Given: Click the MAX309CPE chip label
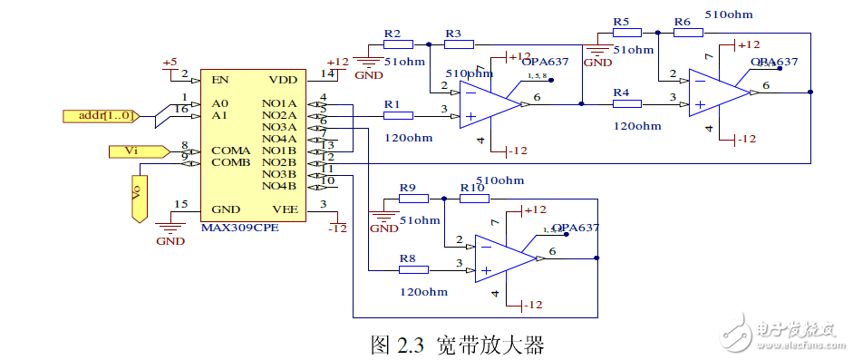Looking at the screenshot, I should click(x=239, y=228).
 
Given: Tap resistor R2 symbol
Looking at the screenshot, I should click(x=398, y=44).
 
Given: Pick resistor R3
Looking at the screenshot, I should click(x=459, y=44).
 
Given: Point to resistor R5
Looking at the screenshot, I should click(x=626, y=32).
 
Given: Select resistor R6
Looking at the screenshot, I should click(x=688, y=32).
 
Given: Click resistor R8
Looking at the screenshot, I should click(x=413, y=269).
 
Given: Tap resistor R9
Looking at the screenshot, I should click(x=413, y=198).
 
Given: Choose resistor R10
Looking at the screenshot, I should click(x=474, y=198).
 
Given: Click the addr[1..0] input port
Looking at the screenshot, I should click(x=100, y=115).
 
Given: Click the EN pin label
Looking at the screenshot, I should click(x=219, y=79).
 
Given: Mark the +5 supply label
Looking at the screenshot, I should click(x=170, y=62).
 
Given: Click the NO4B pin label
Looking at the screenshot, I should click(x=279, y=186).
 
